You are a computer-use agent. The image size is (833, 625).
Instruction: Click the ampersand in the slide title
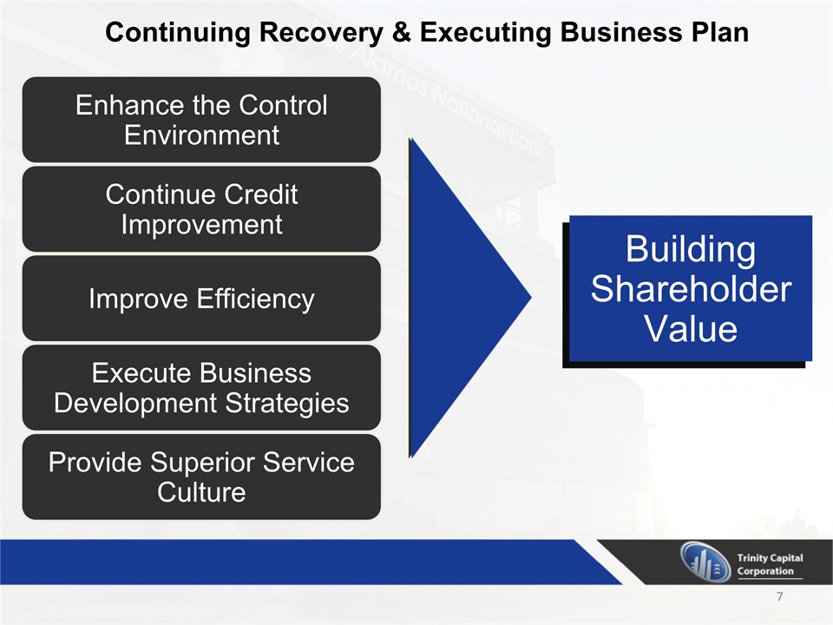[401, 32]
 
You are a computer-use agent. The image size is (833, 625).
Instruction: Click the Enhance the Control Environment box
[201, 120]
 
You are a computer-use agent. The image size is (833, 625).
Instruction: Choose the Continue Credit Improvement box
[201, 209]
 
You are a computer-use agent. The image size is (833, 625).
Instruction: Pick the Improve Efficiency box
[201, 298]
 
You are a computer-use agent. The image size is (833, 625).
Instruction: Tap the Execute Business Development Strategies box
[201, 387]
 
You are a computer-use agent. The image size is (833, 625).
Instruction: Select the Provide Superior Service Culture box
[201, 477]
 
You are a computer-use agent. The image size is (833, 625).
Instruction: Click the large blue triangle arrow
[457, 298]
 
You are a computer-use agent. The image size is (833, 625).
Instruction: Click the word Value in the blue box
[691, 328]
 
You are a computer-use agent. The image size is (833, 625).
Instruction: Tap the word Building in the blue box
[691, 249]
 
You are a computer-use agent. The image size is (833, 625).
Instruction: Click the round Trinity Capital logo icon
[705, 562]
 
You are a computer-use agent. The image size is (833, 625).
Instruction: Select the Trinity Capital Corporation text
[770, 564]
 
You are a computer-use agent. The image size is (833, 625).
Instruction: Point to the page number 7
[779, 596]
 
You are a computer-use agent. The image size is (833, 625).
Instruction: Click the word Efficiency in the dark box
[255, 299]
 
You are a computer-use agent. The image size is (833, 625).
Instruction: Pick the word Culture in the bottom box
[201, 492]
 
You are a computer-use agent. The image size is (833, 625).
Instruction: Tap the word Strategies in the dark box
[287, 404]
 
